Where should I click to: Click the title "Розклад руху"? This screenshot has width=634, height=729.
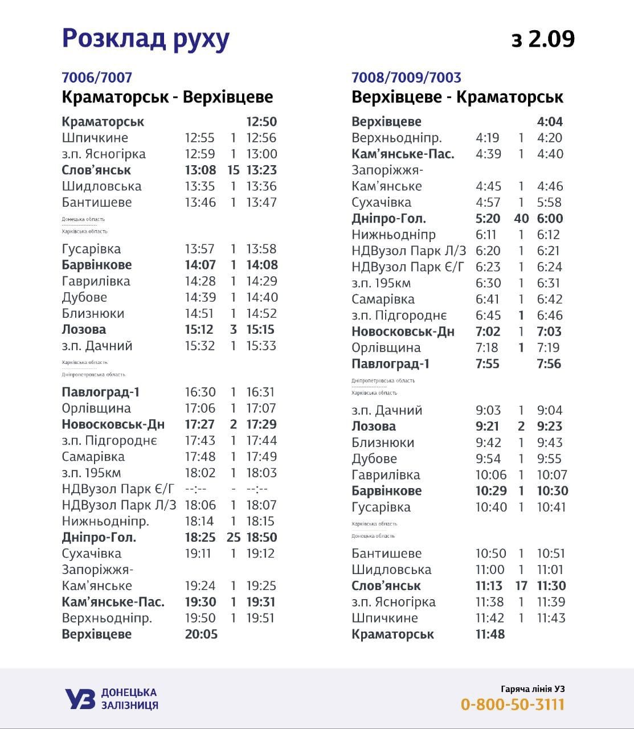(145, 38)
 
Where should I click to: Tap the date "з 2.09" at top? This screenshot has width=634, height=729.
(543, 39)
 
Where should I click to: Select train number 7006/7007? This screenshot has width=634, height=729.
(97, 77)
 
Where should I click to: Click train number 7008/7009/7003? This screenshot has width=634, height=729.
(406, 77)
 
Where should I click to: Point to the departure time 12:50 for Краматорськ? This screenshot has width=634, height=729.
(261, 122)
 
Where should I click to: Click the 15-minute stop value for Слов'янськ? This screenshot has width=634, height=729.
(233, 170)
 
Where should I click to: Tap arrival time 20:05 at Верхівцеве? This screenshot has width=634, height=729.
(201, 634)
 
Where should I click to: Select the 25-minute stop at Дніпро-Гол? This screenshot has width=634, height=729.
(234, 538)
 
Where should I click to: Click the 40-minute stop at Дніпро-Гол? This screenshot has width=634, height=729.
(521, 219)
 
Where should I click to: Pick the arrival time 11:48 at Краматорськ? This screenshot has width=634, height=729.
(490, 634)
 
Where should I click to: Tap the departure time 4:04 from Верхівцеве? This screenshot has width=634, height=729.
(550, 122)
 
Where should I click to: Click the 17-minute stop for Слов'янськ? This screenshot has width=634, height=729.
(521, 586)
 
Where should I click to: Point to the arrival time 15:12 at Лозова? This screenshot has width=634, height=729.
(199, 330)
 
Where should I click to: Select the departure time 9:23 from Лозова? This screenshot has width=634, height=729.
(550, 427)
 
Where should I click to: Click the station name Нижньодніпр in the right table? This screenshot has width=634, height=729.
(394, 235)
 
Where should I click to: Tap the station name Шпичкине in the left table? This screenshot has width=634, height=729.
(95, 138)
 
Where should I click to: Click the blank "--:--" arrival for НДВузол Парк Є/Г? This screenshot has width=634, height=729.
(195, 489)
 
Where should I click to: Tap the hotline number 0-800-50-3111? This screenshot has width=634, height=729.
(512, 705)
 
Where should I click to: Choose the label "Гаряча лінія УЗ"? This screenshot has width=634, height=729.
(533, 688)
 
